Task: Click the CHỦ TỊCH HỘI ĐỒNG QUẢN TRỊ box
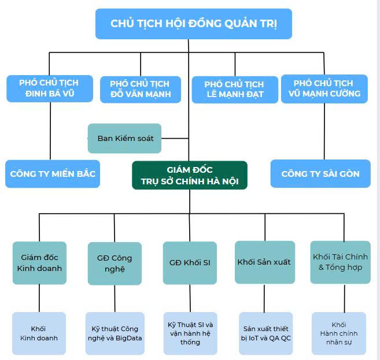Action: tap(193, 24)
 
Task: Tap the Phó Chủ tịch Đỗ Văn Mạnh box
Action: tap(141, 89)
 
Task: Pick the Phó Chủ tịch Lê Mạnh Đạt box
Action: tap(234, 89)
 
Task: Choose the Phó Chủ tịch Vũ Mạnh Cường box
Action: tap(323, 88)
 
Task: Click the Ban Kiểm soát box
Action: tap(124, 138)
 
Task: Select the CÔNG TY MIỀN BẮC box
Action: tap(53, 173)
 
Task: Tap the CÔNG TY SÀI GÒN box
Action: tap(320, 173)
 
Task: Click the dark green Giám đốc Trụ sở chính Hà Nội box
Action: tap(189, 175)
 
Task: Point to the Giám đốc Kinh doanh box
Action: tap(39, 262)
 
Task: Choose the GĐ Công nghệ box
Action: tap(115, 263)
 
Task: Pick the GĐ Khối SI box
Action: tap(189, 262)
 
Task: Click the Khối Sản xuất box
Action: tap(264, 262)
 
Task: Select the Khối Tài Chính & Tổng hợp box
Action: tap(340, 262)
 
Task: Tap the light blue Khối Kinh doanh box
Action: tap(39, 333)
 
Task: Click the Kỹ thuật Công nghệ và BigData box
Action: tap(115, 333)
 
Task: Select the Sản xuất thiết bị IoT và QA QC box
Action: tap(264, 333)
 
